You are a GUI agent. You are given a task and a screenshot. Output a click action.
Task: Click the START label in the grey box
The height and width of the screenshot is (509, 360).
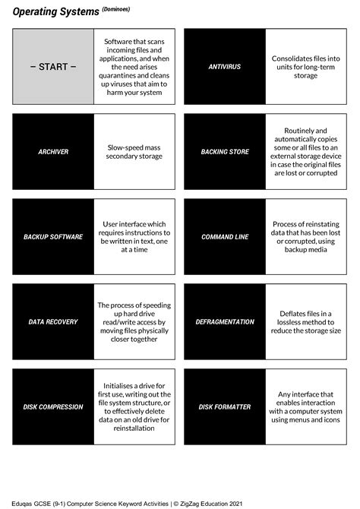click(53, 67)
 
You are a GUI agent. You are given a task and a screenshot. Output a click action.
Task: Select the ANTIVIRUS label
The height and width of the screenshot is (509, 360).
click(225, 67)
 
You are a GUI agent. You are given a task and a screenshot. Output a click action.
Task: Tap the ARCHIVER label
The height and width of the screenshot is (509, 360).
click(53, 152)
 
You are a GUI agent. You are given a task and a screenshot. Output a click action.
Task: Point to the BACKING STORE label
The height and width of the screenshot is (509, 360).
click(225, 152)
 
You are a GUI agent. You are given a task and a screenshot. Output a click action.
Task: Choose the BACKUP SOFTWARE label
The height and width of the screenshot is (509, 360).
click(53, 237)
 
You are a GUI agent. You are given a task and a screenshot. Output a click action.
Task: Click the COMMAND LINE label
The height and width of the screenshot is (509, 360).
click(225, 237)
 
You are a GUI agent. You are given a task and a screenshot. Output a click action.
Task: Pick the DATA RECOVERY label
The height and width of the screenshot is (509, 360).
click(53, 322)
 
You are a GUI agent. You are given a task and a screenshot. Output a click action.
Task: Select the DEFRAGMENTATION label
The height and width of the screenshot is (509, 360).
click(225, 322)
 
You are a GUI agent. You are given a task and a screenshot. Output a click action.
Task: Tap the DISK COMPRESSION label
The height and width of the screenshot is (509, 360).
click(53, 407)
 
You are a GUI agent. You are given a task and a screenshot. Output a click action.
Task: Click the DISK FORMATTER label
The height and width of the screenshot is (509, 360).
click(225, 407)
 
